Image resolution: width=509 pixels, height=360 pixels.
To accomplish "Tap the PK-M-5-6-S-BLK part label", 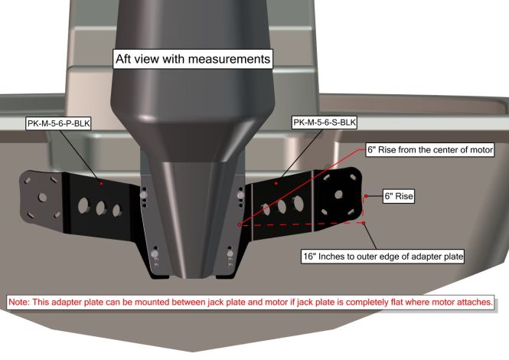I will [x=324, y=122].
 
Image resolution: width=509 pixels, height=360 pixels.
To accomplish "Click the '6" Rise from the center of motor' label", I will [x=429, y=149].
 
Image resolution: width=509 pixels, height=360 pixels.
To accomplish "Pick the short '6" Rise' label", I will [x=398, y=197].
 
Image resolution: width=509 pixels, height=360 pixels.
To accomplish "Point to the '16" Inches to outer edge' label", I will [x=383, y=254].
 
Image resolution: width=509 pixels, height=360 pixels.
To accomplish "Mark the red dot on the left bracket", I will [x=100, y=184].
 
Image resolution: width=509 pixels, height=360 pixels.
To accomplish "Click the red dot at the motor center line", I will [x=240, y=225].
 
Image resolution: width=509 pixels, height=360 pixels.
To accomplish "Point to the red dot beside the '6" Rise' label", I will [x=366, y=197].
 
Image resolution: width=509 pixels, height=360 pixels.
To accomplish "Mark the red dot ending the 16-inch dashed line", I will [x=364, y=224].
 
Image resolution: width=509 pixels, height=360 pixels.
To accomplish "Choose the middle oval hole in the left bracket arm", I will [x=101, y=207].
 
